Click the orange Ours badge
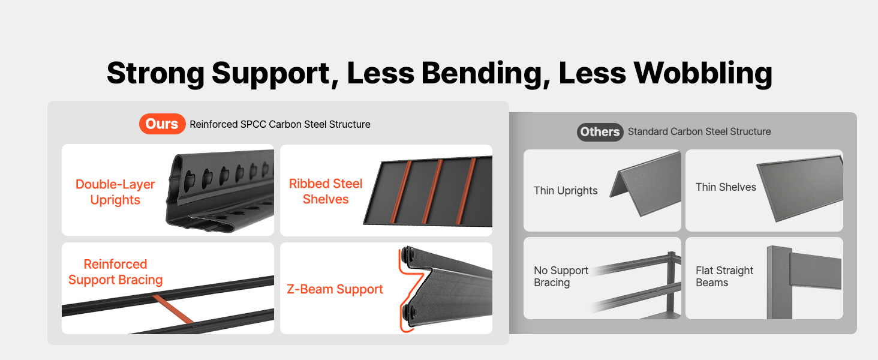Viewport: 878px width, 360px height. [163, 124]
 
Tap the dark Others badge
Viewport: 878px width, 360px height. [600, 132]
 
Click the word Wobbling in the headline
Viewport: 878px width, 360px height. [703, 73]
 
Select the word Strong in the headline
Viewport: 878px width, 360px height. [155, 74]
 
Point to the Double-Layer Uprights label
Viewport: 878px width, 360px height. [115, 192]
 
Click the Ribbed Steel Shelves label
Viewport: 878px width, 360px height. [326, 191]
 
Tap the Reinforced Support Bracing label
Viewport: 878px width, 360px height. [115, 272]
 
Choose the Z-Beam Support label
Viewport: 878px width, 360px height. [335, 289]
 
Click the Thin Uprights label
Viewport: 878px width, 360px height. [566, 191]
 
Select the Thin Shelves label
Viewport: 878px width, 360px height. [726, 187]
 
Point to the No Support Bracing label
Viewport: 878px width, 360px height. [561, 277]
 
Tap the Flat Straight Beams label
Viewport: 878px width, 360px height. [724, 277]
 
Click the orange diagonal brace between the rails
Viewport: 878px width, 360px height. [173, 309]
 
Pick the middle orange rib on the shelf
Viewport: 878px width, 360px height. [433, 191]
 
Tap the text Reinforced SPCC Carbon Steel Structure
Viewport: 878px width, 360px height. [280, 124]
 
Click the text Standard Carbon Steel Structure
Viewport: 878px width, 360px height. [699, 131]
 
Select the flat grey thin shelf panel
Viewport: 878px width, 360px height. [799, 188]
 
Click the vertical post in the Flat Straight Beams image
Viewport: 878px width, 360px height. [779, 283]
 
